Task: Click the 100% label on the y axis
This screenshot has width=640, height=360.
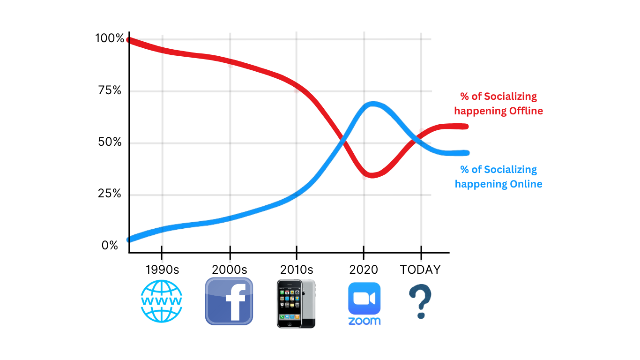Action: coord(110,38)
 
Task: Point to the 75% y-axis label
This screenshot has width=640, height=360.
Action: coord(110,90)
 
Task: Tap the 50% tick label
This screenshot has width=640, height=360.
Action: coord(110,142)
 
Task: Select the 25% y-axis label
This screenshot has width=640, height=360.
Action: coord(110,194)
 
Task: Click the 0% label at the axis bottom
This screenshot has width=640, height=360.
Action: coord(110,245)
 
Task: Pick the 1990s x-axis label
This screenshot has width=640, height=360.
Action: coord(162,270)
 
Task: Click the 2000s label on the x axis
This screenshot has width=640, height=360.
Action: coord(230,270)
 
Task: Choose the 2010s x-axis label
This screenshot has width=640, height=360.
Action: coord(297,270)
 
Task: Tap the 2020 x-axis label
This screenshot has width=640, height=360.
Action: coord(364,270)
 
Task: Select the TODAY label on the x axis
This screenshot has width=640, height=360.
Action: coord(420,270)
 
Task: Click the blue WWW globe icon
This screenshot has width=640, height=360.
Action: coord(162,301)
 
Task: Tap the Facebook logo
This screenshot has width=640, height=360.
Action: coord(229,301)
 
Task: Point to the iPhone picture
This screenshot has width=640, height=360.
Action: coord(296,304)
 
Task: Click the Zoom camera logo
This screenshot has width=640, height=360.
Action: coord(365,304)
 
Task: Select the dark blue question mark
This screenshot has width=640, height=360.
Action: coord(420,301)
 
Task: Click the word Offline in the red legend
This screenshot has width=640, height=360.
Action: coord(526,111)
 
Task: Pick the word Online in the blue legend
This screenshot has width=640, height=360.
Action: coord(526,184)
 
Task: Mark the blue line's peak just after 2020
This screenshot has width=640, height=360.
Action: coord(372,104)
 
